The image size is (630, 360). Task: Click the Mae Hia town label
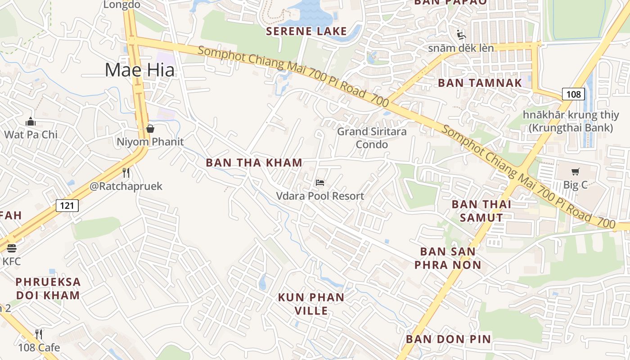click(x=139, y=70)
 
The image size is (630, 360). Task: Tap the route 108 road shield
click(x=573, y=94)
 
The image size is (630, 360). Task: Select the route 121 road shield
click(x=67, y=206)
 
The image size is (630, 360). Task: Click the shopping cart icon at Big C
click(x=575, y=171)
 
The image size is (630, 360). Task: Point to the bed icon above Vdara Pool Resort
click(x=319, y=182)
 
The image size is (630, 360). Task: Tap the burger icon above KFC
click(x=12, y=248)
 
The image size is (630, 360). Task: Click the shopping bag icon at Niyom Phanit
click(x=150, y=129)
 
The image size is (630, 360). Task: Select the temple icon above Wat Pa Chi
click(x=31, y=121)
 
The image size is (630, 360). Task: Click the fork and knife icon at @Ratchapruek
click(x=126, y=173)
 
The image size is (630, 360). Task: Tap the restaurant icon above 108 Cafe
click(x=39, y=334)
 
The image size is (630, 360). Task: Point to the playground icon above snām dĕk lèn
click(x=461, y=34)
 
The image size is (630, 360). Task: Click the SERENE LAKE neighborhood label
click(x=306, y=31)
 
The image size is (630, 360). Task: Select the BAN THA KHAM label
click(x=254, y=162)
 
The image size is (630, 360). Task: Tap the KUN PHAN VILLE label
click(x=311, y=304)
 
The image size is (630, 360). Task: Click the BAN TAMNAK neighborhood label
click(x=480, y=83)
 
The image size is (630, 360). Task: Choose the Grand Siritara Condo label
click(x=372, y=138)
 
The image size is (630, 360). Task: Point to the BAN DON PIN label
click(x=448, y=339)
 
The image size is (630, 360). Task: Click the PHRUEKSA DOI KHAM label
click(x=48, y=288)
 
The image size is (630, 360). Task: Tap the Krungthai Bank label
click(x=571, y=121)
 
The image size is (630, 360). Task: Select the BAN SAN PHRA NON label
click(x=448, y=258)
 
